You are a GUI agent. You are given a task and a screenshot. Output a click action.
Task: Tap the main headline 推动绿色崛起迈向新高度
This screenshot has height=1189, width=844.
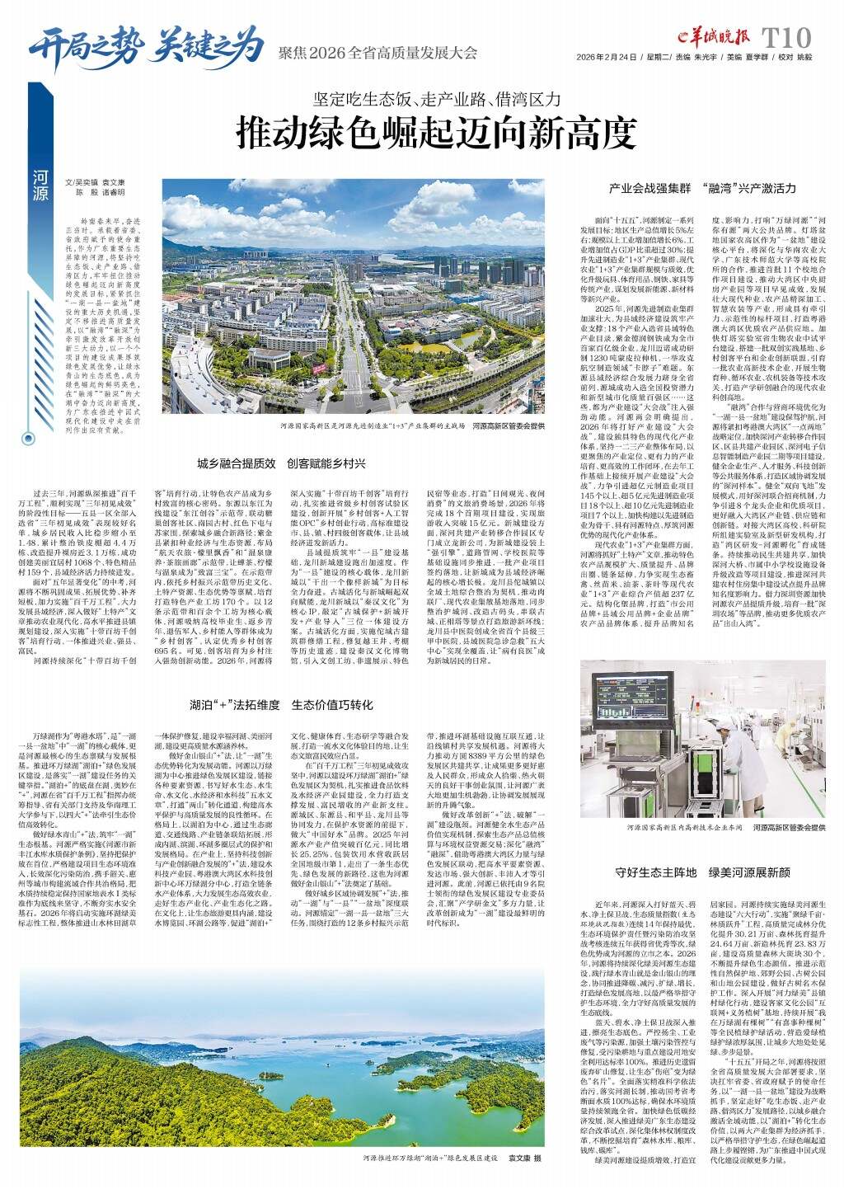pyautogui.click(x=437, y=131)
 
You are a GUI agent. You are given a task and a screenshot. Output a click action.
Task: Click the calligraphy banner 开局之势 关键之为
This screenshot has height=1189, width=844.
pyautogui.click(x=145, y=42)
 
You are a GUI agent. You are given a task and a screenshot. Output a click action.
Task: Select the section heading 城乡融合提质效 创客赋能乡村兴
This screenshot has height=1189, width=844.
pyautogui.click(x=280, y=463)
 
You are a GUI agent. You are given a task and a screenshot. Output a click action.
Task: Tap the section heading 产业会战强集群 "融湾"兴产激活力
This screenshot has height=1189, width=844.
pyautogui.click(x=702, y=189)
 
